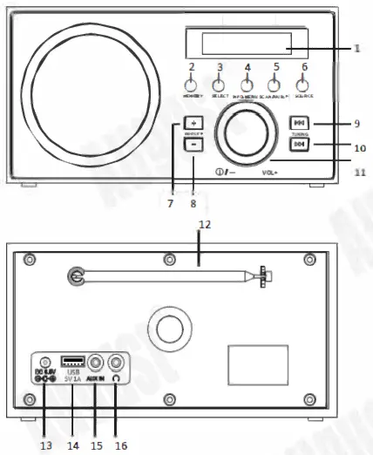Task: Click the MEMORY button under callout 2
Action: pyautogui.click(x=191, y=85)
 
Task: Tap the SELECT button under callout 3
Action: pyautogui.click(x=219, y=85)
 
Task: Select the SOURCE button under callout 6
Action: pyautogui.click(x=303, y=85)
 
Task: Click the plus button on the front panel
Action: pyautogui.click(x=193, y=123)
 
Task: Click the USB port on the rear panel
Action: pyautogui.click(x=71, y=360)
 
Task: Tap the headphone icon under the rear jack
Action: pyautogui.click(x=114, y=379)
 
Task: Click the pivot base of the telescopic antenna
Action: pyautogui.click(x=78, y=276)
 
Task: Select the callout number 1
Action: pyautogui.click(x=358, y=49)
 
